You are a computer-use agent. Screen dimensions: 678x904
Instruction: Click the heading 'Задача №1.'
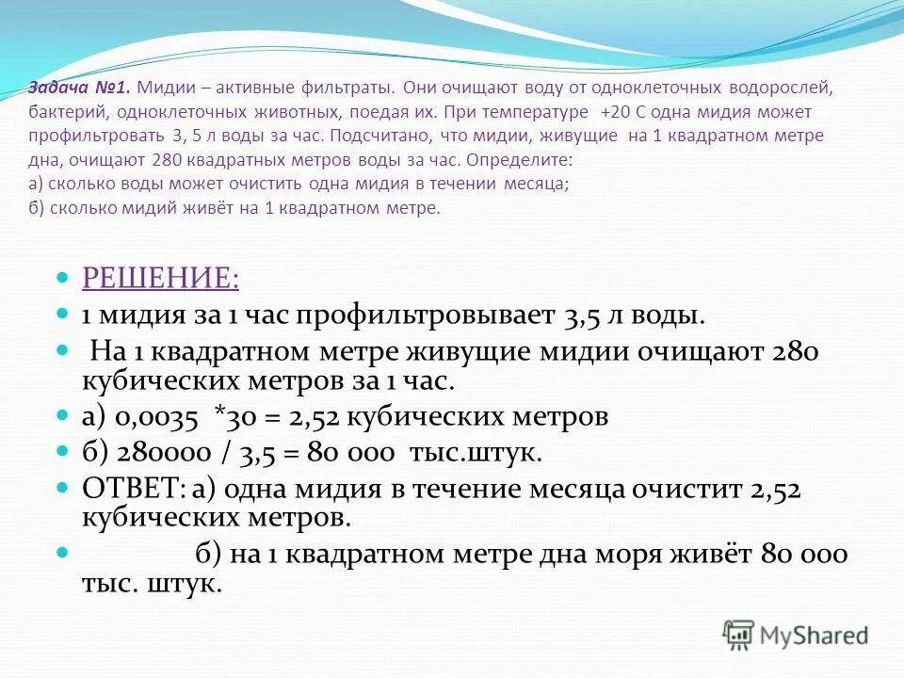(x=80, y=88)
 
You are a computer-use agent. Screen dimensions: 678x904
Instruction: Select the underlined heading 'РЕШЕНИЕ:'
(x=160, y=278)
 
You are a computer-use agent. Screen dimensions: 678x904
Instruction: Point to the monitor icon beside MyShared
(x=739, y=635)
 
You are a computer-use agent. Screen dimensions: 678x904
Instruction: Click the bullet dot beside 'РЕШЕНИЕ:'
(x=63, y=278)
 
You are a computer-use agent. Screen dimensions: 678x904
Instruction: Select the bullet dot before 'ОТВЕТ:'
(x=63, y=489)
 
